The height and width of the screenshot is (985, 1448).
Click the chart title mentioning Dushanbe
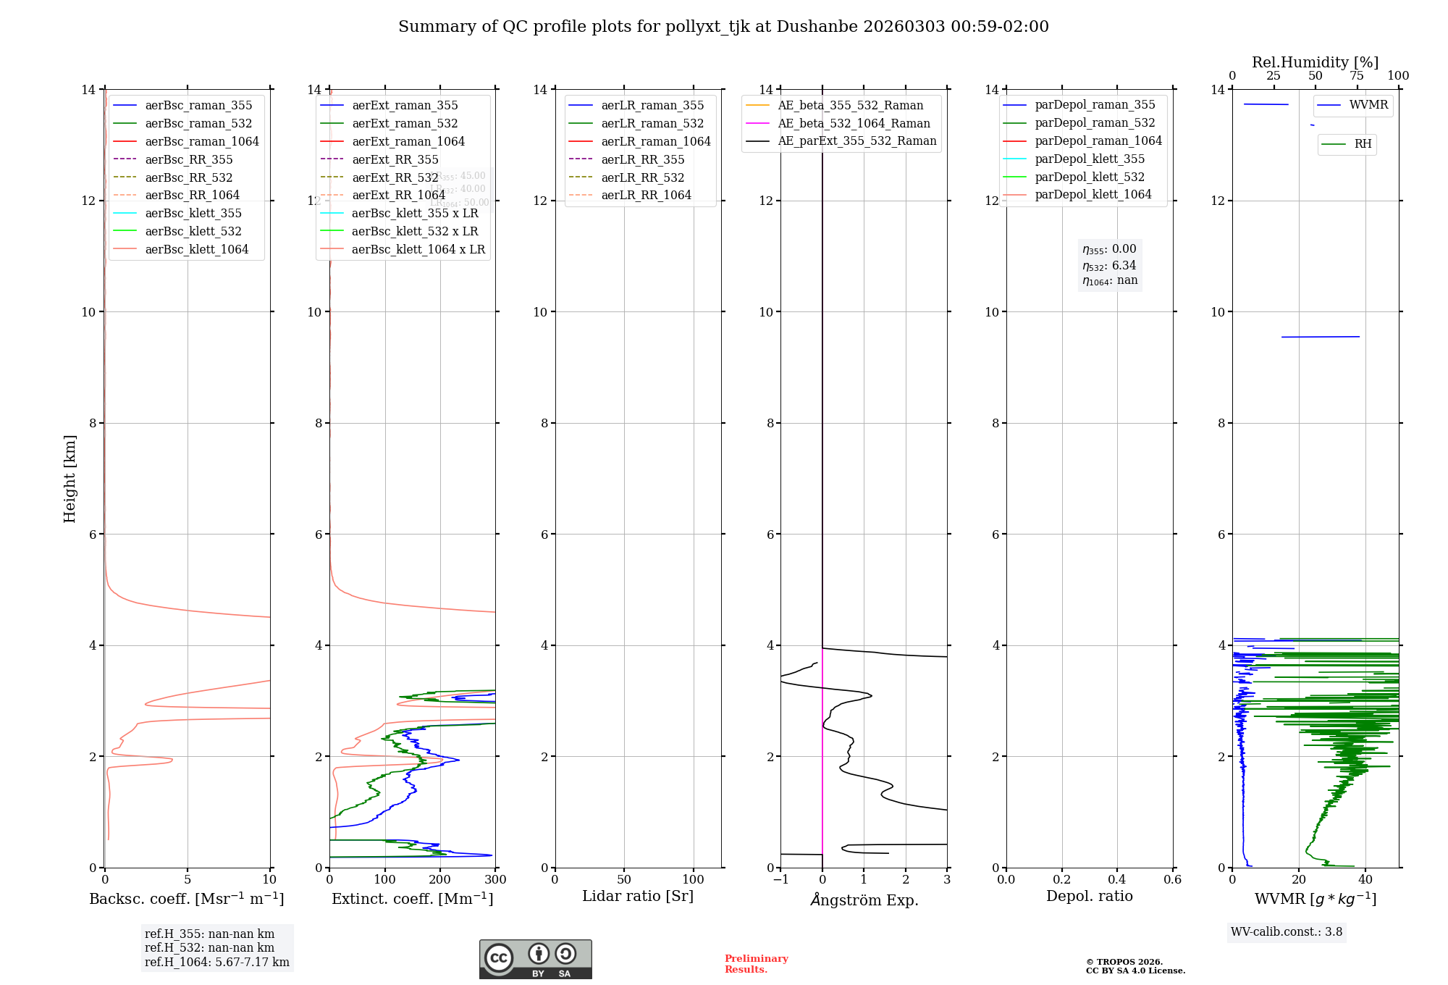pos(723,27)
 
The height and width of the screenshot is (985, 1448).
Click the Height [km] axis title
pos(70,479)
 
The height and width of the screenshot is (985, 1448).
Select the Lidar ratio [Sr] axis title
pos(638,896)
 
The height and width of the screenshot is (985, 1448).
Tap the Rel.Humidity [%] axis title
pos(1315,62)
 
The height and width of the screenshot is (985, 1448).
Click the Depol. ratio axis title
pos(1089,896)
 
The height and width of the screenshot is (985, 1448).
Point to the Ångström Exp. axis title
pos(864,900)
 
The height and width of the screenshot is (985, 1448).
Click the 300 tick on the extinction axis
pos(495,879)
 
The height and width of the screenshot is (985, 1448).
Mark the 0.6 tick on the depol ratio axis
pos(1172,879)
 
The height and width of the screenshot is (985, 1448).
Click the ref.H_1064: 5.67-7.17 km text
pos(216,962)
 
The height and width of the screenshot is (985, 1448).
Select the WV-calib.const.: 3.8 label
pos(1287,931)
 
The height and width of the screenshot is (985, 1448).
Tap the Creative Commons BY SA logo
pos(535,959)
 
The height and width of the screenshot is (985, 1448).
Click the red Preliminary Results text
pos(756,963)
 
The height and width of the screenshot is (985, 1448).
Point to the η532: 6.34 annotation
pos(1109,265)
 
